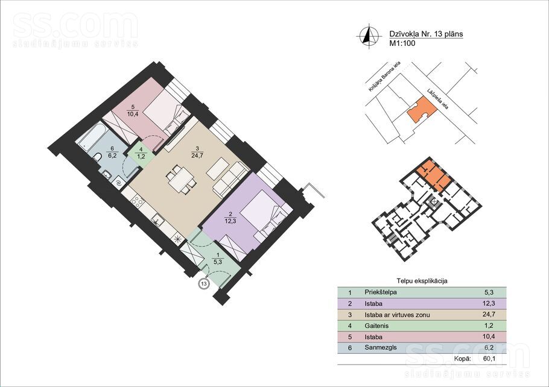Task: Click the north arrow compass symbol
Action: [x=369, y=36]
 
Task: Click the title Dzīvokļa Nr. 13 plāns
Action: [x=426, y=34]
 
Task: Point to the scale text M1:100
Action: [x=402, y=43]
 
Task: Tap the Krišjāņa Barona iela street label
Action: [x=384, y=77]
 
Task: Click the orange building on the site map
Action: [x=422, y=109]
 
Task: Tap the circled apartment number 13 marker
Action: [x=204, y=283]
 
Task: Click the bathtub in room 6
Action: [x=91, y=138]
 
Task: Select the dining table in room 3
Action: [x=180, y=179]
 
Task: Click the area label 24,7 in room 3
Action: [x=197, y=156]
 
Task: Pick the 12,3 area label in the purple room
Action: [x=230, y=221]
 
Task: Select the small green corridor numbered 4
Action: [x=141, y=153]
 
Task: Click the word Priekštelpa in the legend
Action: [x=381, y=292]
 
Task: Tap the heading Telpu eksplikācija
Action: [x=422, y=281]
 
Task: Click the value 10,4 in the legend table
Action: [x=488, y=337]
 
